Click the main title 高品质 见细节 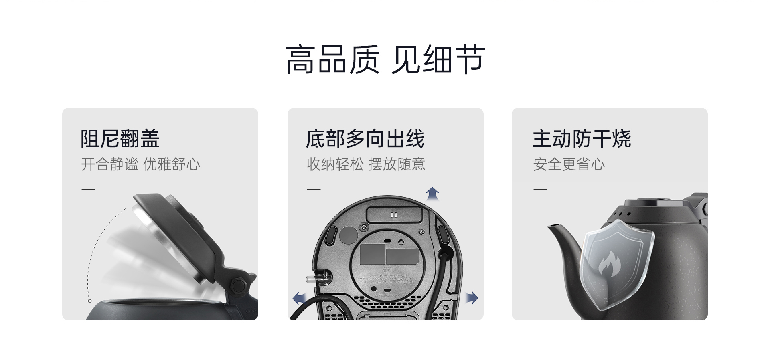(x=385, y=59)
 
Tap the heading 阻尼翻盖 (x=120, y=139)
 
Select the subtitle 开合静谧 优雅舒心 (x=140, y=164)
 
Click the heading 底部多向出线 (x=365, y=139)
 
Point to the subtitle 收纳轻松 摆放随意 (x=366, y=164)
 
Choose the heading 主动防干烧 (x=582, y=139)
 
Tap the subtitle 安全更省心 (x=569, y=164)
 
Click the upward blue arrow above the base (x=432, y=194)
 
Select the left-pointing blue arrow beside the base (x=299, y=298)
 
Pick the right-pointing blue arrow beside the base (x=472, y=298)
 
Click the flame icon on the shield (x=610, y=263)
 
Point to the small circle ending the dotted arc (x=90, y=301)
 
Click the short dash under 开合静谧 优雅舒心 (x=88, y=189)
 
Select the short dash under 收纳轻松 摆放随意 (x=314, y=189)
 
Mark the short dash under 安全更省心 (x=540, y=189)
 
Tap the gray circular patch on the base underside (x=348, y=235)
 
